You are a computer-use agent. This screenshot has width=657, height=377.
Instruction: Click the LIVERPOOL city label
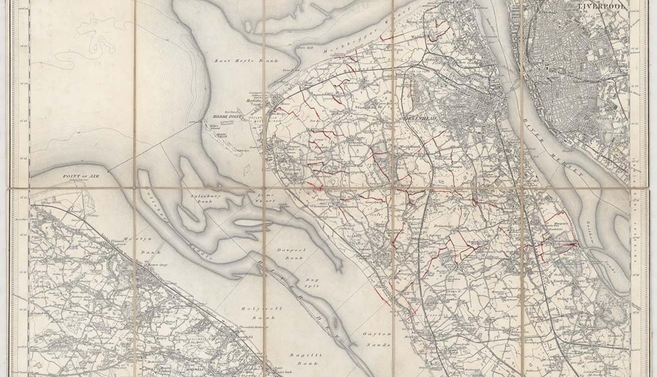coord(602,6)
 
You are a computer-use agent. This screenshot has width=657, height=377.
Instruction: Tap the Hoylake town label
coord(254,101)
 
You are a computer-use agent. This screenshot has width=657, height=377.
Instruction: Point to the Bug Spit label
coord(311,282)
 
